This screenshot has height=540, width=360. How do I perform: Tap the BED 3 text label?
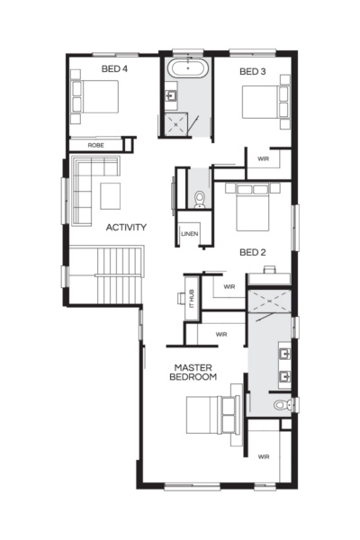254,71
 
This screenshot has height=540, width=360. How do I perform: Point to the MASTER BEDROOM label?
193,373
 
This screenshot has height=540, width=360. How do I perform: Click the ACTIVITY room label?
126,227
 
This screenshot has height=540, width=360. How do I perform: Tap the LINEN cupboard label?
189,234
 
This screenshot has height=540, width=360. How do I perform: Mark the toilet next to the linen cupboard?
200,199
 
